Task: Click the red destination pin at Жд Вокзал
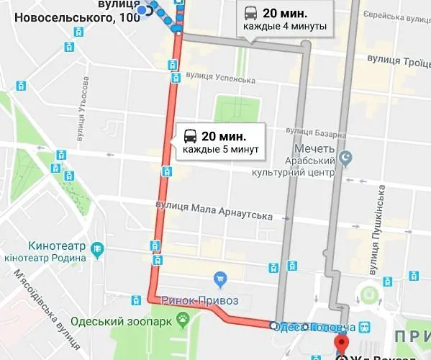pos(342,342)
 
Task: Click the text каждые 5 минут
pos(219,150)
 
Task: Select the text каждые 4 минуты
pos(285,27)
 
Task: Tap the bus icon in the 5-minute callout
pos(191,135)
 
